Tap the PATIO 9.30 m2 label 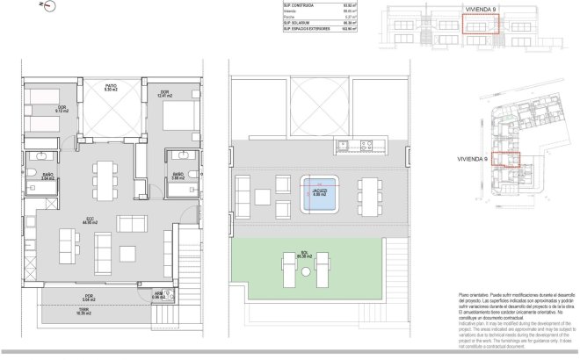point(111,89)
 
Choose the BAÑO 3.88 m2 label point(178,176)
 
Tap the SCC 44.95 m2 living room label point(88,221)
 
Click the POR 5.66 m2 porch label point(89,297)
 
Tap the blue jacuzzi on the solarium point(322,194)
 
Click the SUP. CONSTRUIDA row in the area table point(308,6)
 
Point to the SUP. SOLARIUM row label point(299,23)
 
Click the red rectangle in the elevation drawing point(481,23)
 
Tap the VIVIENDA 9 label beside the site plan point(448,160)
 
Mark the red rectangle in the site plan point(505,159)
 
